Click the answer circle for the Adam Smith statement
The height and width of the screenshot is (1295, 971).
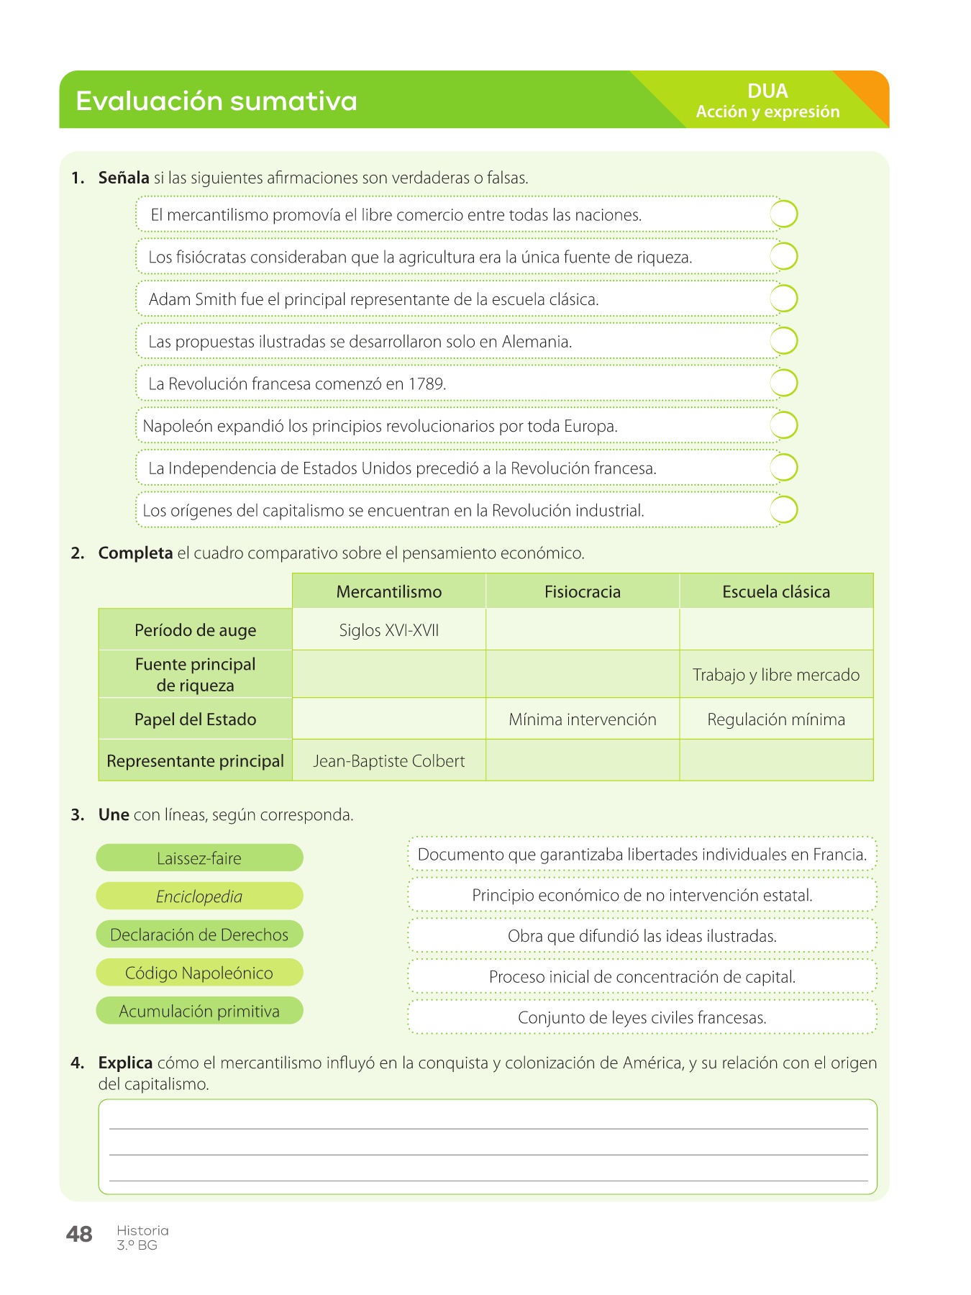[x=783, y=299]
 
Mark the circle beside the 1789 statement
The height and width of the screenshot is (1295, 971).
[x=783, y=383]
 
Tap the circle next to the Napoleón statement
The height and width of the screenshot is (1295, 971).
[x=783, y=425]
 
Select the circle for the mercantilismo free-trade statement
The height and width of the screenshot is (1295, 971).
[x=783, y=214]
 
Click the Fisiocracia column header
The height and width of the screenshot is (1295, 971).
[x=582, y=591]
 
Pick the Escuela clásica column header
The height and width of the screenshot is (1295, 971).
[x=776, y=591]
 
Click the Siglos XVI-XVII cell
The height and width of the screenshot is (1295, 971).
[x=388, y=630]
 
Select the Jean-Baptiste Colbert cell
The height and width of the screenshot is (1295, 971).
[x=388, y=761]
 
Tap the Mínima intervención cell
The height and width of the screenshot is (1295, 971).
[x=582, y=719]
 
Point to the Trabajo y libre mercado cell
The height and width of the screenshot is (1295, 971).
[x=776, y=675]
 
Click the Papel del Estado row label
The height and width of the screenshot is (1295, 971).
[x=195, y=719]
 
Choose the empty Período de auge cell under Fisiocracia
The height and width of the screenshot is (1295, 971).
[x=582, y=630]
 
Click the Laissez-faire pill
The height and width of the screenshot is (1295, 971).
[x=199, y=858]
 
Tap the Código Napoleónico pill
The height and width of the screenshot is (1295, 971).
[x=199, y=973]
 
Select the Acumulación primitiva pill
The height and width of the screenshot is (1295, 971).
[x=199, y=1012]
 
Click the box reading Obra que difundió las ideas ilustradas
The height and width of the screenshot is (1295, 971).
[x=642, y=936]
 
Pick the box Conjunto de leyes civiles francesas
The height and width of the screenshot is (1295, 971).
[x=642, y=1018]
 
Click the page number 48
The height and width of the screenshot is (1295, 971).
[x=79, y=1235]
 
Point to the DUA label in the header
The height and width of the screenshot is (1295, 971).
[x=767, y=91]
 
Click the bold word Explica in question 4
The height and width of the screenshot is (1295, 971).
[x=125, y=1063]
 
